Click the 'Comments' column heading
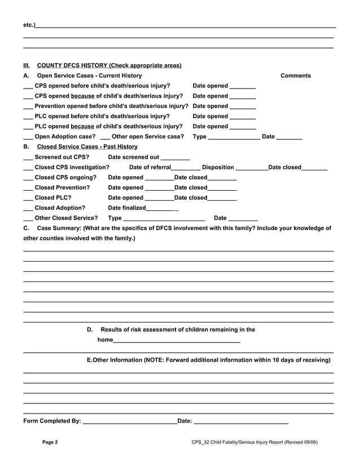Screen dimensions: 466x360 point(295,76)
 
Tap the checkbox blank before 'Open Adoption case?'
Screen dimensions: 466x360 point(28,137)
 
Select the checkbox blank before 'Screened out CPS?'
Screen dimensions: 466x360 point(28,157)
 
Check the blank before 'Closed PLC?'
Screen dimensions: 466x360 point(28,198)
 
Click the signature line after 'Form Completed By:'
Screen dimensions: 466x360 point(129,421)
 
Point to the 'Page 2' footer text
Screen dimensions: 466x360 point(50,442)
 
